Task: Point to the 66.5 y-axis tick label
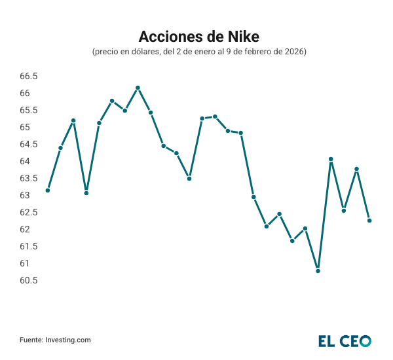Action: coord(29,76)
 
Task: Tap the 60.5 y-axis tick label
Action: coord(29,280)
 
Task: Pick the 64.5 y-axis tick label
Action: coord(29,144)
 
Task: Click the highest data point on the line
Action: coord(138,88)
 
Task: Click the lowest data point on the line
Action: coord(318,270)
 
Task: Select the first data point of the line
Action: coord(48,190)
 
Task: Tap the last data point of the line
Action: coord(369,221)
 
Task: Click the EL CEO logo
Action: coord(345,341)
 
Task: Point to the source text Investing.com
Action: coord(67,340)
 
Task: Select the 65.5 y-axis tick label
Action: coord(29,110)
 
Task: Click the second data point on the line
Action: coord(60,148)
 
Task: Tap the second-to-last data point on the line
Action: coord(356,169)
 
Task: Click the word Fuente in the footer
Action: coord(31,340)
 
